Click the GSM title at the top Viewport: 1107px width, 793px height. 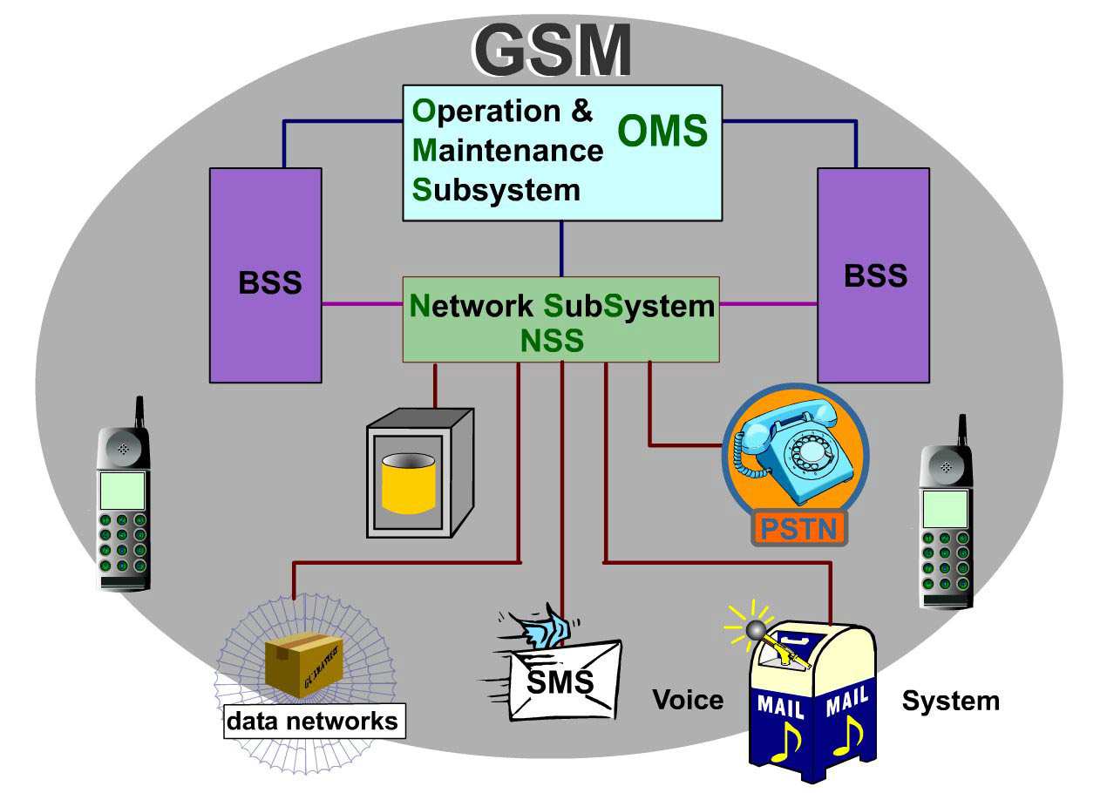[553, 51]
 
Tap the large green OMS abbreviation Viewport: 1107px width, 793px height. [662, 132]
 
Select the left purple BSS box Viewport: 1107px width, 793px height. [265, 274]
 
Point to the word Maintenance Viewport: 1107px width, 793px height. [508, 151]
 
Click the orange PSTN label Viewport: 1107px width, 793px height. [798, 529]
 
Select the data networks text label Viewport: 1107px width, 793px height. [313, 722]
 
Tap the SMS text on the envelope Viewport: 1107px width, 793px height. [560, 681]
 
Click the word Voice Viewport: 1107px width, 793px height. [688, 700]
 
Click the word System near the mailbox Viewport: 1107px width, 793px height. [950, 701]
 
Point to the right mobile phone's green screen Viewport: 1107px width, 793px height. [946, 508]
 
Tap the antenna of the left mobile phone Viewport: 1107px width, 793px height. [138, 414]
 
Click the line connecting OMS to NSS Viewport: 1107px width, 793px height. [561, 249]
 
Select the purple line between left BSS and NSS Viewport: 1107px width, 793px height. [362, 304]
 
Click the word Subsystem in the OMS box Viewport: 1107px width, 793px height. [496, 190]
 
